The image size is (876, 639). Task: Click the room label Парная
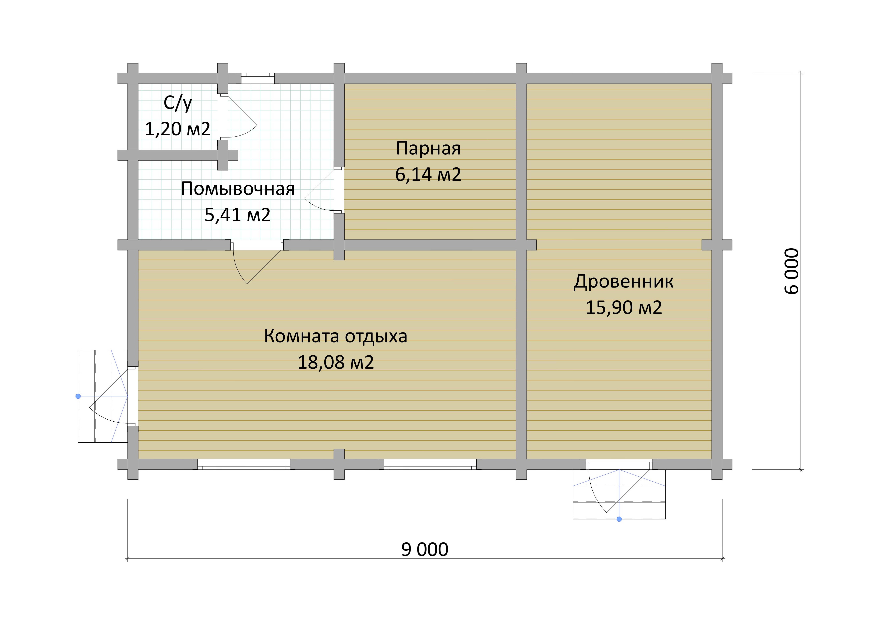click(428, 148)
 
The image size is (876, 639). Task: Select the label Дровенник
click(623, 282)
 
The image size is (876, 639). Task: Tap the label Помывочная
click(238, 189)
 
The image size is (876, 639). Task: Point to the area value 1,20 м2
click(178, 129)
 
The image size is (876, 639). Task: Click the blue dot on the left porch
click(78, 396)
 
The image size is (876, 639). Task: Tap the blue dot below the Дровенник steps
click(619, 519)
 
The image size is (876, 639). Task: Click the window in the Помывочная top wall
click(258, 78)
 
